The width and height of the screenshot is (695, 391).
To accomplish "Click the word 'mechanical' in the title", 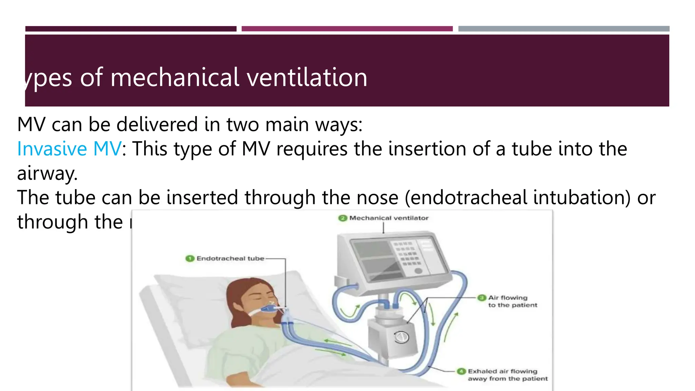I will pyautogui.click(x=175, y=77).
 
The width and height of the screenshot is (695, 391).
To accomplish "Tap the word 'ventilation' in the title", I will pyautogui.click(x=307, y=77).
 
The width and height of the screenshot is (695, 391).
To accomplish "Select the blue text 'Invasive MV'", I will pyautogui.click(x=69, y=149).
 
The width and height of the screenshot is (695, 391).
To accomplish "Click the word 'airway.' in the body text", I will pyautogui.click(x=48, y=173).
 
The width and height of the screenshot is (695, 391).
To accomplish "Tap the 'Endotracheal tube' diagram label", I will pyautogui.click(x=230, y=259).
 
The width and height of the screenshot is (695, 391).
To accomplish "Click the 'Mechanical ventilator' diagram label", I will pyautogui.click(x=389, y=218).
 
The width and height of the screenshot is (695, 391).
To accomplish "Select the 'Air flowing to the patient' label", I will pyautogui.click(x=512, y=301).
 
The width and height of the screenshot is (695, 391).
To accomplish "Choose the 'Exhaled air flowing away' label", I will pyautogui.click(x=508, y=375).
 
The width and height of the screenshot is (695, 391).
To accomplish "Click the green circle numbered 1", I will pyautogui.click(x=189, y=259).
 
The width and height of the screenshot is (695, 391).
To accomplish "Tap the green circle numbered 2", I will pyautogui.click(x=343, y=218).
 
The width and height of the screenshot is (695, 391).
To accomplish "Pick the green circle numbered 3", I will pyautogui.click(x=482, y=298).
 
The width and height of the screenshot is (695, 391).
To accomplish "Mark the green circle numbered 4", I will pyautogui.click(x=461, y=371).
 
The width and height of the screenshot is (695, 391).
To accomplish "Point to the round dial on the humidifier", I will pyautogui.click(x=401, y=337).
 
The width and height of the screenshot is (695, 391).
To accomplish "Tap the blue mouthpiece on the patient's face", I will pyautogui.click(x=268, y=309).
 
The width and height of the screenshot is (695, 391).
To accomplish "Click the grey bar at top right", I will pyautogui.click(x=564, y=29).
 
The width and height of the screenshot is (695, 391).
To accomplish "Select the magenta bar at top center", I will pyautogui.click(x=347, y=29).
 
